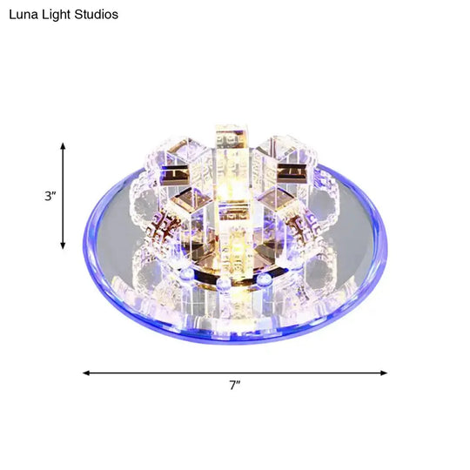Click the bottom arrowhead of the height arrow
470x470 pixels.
coord(63,246)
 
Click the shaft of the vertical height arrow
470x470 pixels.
coord(63,197)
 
